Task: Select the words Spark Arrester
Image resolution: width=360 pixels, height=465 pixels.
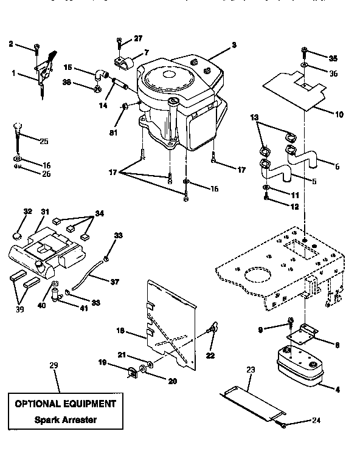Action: pyautogui.click(x=64, y=419)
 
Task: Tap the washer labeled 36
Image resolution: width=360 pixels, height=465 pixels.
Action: pyautogui.click(x=305, y=64)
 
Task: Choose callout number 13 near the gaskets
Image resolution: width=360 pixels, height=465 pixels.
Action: pyautogui.click(x=254, y=117)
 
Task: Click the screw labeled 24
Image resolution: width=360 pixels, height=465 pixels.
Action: pyautogui.click(x=283, y=424)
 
